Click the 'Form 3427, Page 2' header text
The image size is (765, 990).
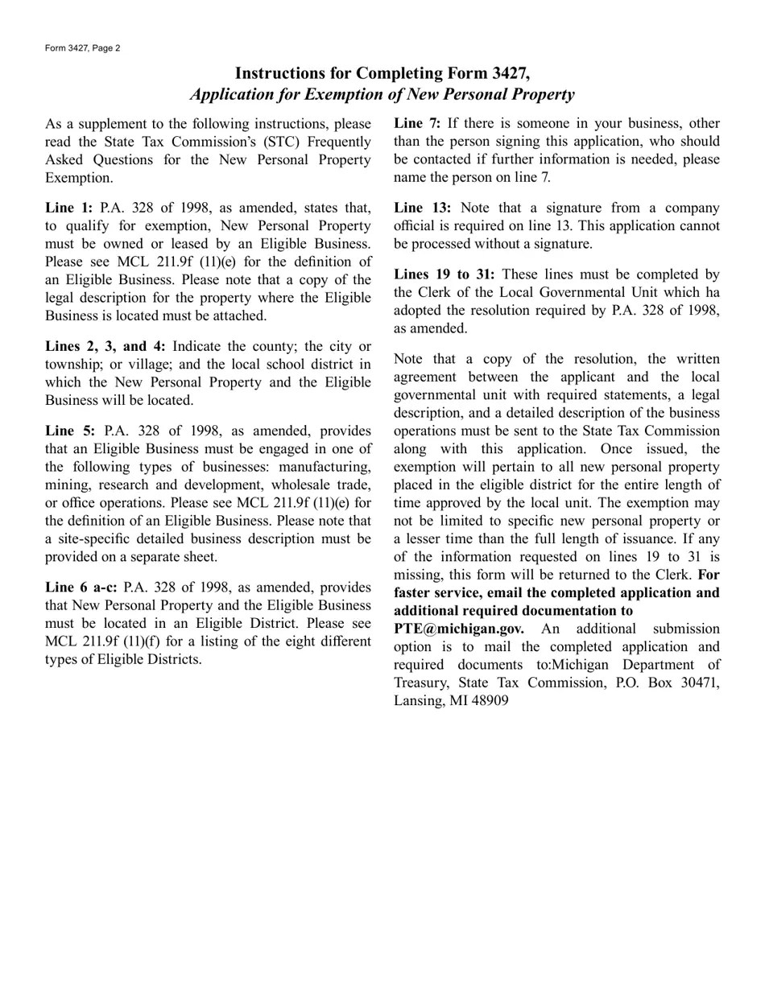click(83, 48)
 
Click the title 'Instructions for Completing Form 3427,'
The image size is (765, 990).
click(382, 73)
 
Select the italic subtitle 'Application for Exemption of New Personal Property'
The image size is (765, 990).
click(382, 94)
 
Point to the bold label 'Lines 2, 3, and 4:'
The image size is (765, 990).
click(105, 346)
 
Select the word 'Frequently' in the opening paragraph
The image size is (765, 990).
click(333, 142)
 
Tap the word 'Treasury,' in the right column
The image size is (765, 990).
click(421, 683)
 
